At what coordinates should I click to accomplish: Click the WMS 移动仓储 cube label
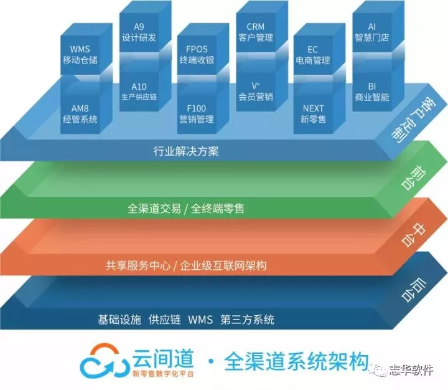pos(80,54)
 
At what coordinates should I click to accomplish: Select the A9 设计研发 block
pos(139,32)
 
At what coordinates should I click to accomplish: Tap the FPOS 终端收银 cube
pos(197,54)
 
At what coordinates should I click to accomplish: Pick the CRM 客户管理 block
pos(256,32)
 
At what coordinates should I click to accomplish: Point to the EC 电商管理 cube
pos(313,55)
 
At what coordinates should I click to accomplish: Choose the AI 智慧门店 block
pos(372,32)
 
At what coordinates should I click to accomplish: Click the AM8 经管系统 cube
pos(80,113)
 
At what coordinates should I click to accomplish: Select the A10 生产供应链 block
pos(139,92)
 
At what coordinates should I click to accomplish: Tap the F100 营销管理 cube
pos(197,113)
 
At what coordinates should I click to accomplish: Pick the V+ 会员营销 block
pos(256,92)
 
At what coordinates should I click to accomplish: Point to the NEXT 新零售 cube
pos(313,113)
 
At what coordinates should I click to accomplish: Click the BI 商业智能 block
pos(372,92)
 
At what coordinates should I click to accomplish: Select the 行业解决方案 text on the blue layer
pos(186,151)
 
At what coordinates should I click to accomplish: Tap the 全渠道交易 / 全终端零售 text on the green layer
pos(186,208)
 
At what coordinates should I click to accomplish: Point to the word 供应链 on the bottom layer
pos(164,320)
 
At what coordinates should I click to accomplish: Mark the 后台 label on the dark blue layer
pos(414,290)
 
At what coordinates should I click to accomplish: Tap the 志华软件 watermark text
pos(411,370)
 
